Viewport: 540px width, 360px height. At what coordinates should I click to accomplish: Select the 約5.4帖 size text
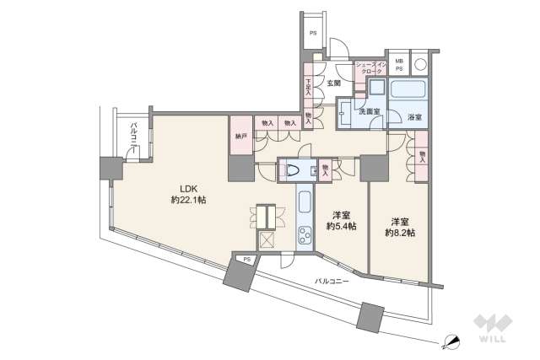click(341, 228)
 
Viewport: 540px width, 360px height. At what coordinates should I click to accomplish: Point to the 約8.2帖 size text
click(399, 231)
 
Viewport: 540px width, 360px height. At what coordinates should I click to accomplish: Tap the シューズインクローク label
click(369, 68)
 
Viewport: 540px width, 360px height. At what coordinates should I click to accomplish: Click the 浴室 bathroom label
click(414, 116)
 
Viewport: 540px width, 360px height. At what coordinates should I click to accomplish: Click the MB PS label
click(400, 63)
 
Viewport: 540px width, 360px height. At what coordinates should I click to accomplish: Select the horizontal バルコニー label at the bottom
click(332, 279)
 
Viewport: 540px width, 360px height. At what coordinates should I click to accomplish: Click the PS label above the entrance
click(313, 34)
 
